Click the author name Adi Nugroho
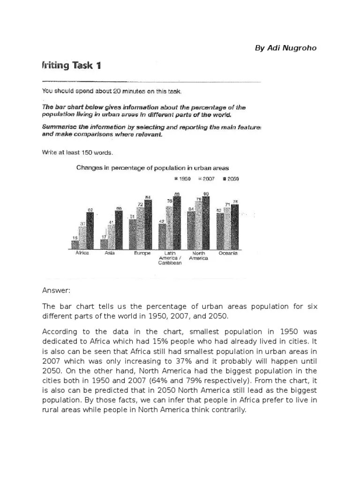point(285,48)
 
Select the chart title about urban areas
point(152,167)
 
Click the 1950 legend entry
point(182,179)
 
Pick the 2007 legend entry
point(207,179)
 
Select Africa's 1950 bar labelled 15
point(75,245)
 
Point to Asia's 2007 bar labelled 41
point(111,237)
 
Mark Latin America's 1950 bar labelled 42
point(162,236)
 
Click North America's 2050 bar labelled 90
point(206,223)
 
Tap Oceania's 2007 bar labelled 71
point(227,228)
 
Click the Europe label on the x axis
point(142,254)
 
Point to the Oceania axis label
point(228,254)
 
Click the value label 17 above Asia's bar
point(104,237)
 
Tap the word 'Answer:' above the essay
point(56,291)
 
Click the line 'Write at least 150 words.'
point(77,152)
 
